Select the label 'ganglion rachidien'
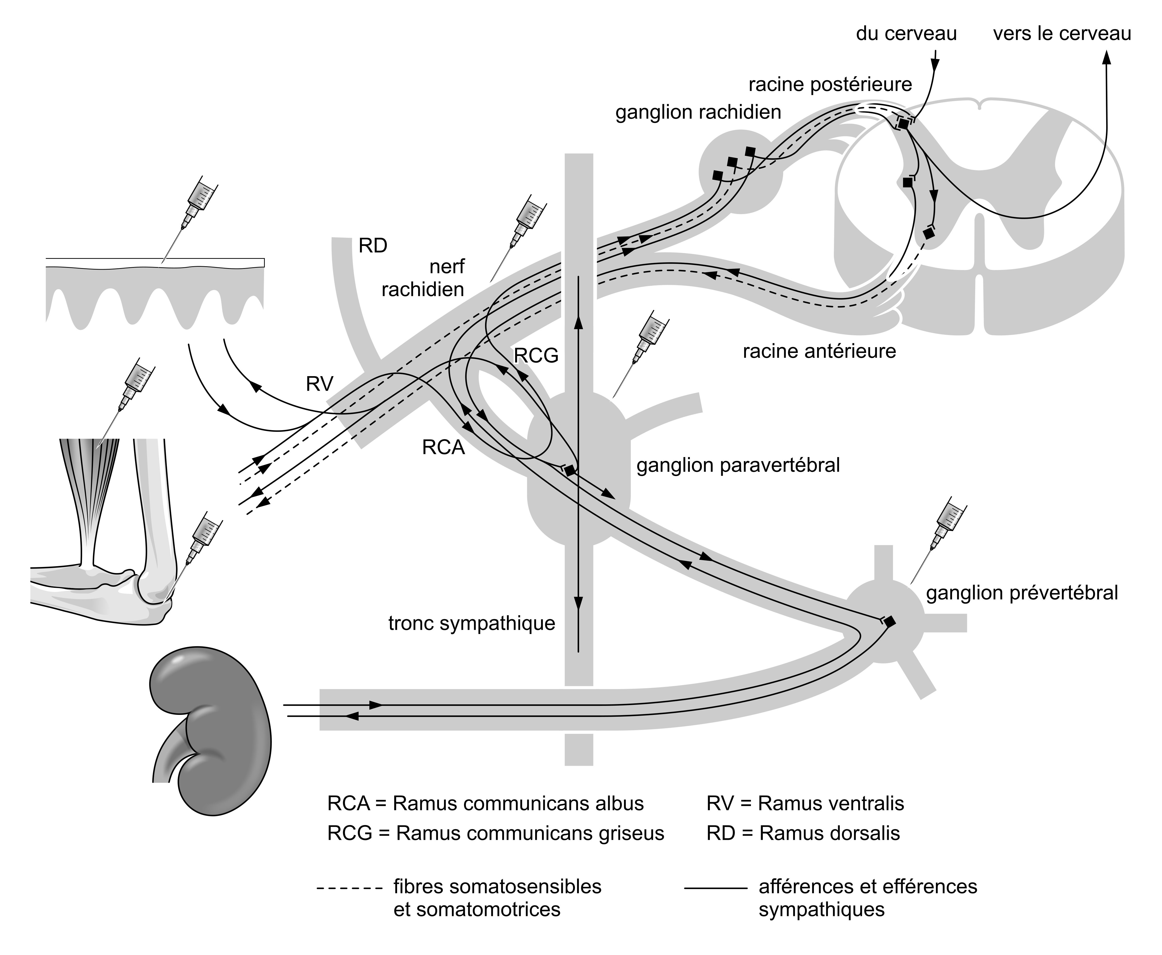click(x=698, y=112)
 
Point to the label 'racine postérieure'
click(x=830, y=85)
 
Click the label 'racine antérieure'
click(x=819, y=351)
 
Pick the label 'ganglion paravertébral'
click(x=738, y=466)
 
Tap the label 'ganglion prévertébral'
click(x=1022, y=593)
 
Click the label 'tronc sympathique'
click(x=471, y=623)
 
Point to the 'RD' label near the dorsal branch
click(x=373, y=246)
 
